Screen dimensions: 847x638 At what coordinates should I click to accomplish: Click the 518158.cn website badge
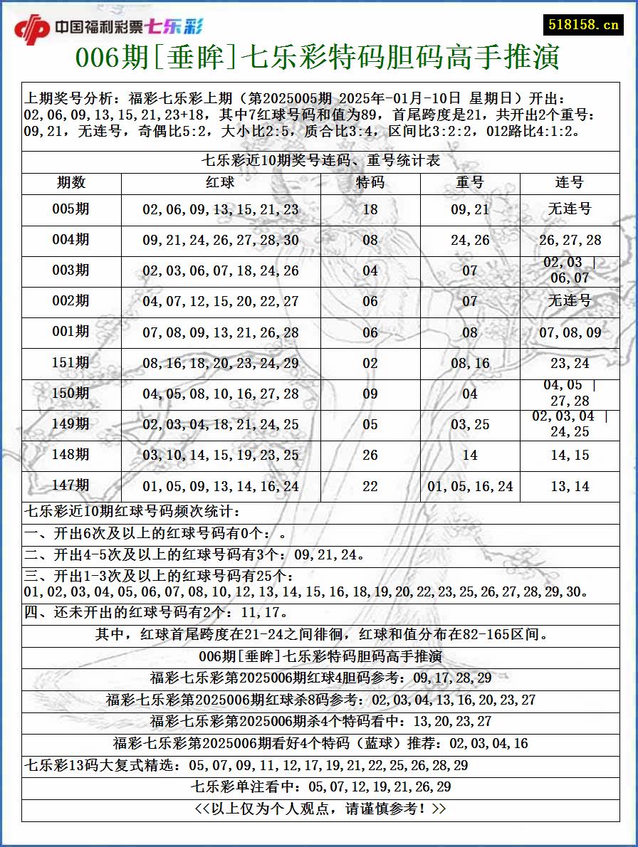(x=583, y=25)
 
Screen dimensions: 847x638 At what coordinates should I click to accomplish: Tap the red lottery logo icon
(x=32, y=29)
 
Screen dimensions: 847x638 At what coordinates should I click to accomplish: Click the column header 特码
(x=370, y=183)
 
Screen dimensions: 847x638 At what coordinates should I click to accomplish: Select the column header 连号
(x=570, y=183)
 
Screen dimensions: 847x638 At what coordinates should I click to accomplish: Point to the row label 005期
(x=71, y=209)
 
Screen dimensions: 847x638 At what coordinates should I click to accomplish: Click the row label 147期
(x=71, y=485)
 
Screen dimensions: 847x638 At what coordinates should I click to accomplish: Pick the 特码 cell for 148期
(x=370, y=455)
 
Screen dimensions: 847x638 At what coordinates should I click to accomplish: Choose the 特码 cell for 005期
(x=370, y=210)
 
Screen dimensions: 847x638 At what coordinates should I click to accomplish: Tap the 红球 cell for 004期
(x=221, y=241)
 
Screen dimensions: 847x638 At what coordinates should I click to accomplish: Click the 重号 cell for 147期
(x=470, y=487)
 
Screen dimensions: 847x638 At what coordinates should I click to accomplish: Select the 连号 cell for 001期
(x=570, y=332)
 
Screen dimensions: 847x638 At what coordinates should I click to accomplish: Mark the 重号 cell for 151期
(x=470, y=364)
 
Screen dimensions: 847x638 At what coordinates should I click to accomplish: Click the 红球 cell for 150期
(x=221, y=394)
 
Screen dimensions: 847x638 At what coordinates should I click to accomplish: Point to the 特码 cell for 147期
(x=370, y=487)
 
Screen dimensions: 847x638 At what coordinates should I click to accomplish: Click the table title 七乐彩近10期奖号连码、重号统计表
(x=321, y=161)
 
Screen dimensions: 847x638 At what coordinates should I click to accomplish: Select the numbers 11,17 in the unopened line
(x=263, y=612)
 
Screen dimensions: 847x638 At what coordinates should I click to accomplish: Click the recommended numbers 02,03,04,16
(x=489, y=744)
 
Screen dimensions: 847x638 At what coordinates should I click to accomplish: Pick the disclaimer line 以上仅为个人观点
(x=320, y=809)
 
